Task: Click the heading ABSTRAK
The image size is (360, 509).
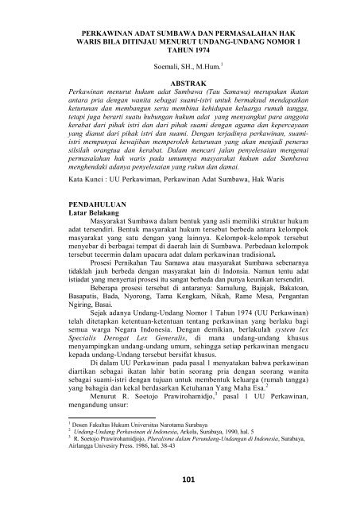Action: (180, 83)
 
